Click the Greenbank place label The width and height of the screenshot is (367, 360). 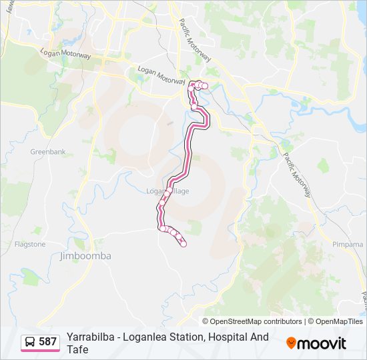tap(48, 152)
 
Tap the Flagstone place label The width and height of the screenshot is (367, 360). tap(30, 244)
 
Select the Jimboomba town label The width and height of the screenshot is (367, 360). tap(85, 256)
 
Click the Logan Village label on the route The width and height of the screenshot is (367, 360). tap(167, 191)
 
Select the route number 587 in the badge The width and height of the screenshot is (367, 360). tap(48, 342)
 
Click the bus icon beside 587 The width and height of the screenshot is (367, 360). tap(31, 342)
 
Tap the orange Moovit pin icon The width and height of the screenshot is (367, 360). tap(291, 343)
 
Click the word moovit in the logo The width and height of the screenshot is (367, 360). tap(322, 343)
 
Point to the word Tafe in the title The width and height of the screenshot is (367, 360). tap(77, 349)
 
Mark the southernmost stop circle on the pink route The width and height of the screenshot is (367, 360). tap(183, 244)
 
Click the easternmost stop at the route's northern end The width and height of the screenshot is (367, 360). tap(205, 86)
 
